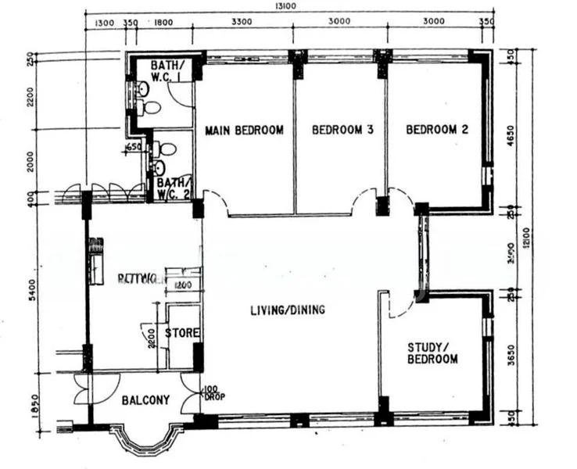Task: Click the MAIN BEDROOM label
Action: pos(244,131)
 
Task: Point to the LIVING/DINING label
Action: pos(287,310)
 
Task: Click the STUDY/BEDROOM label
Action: pos(432,353)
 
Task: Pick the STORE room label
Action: pos(181,333)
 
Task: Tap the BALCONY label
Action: pos(145,400)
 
